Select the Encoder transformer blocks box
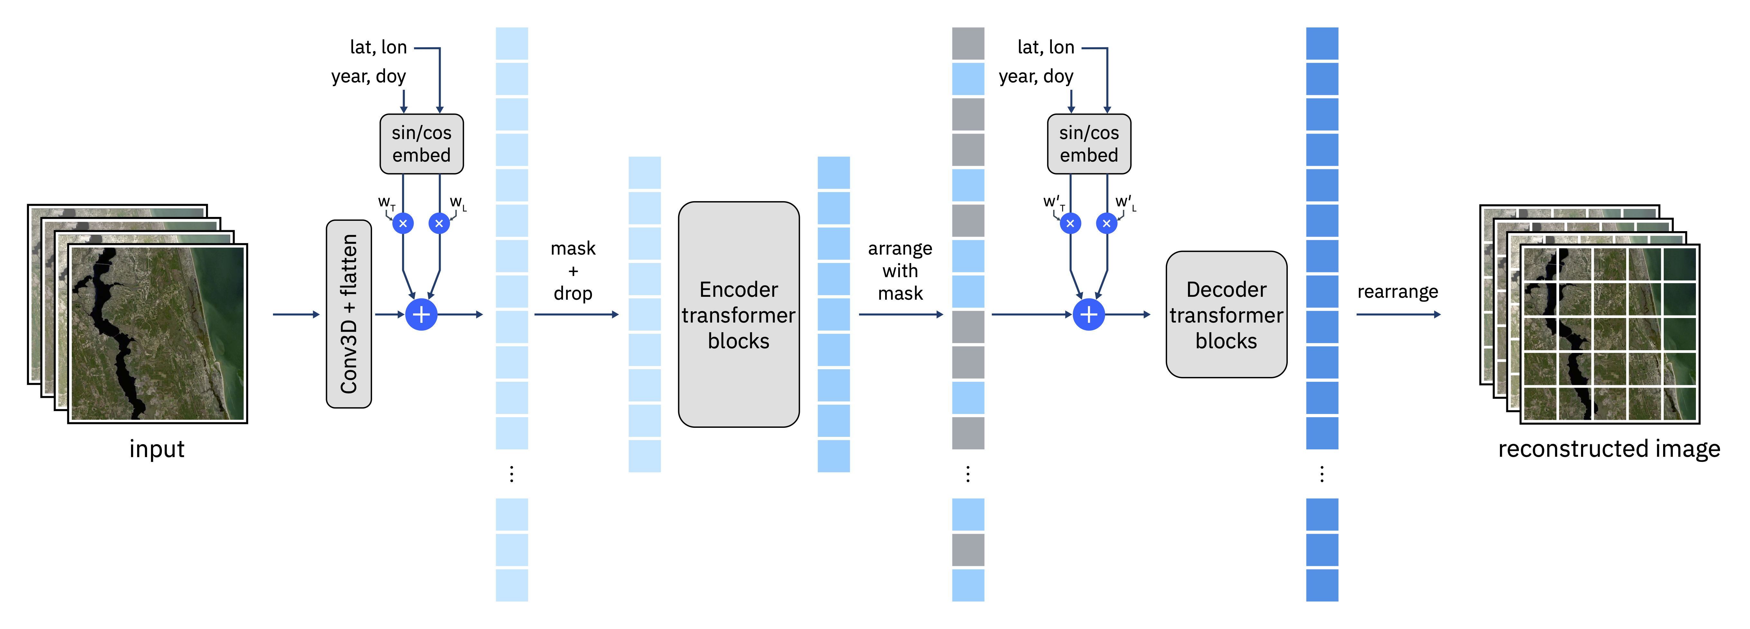[738, 314]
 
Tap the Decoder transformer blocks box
[1226, 314]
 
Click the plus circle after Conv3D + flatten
[421, 314]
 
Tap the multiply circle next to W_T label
[403, 223]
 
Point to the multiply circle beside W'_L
[1107, 223]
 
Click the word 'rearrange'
[1398, 291]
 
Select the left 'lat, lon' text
[379, 48]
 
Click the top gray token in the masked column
[968, 43]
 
